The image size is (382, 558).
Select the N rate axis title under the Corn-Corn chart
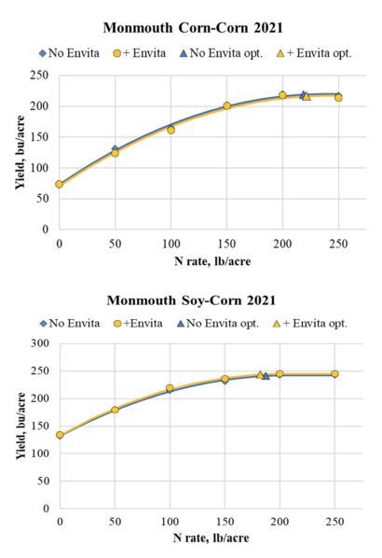tap(198, 260)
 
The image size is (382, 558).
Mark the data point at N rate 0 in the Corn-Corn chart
tap(59, 184)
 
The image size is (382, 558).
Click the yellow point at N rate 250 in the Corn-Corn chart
tap(338, 97)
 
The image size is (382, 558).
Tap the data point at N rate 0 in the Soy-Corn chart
tap(59, 435)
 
